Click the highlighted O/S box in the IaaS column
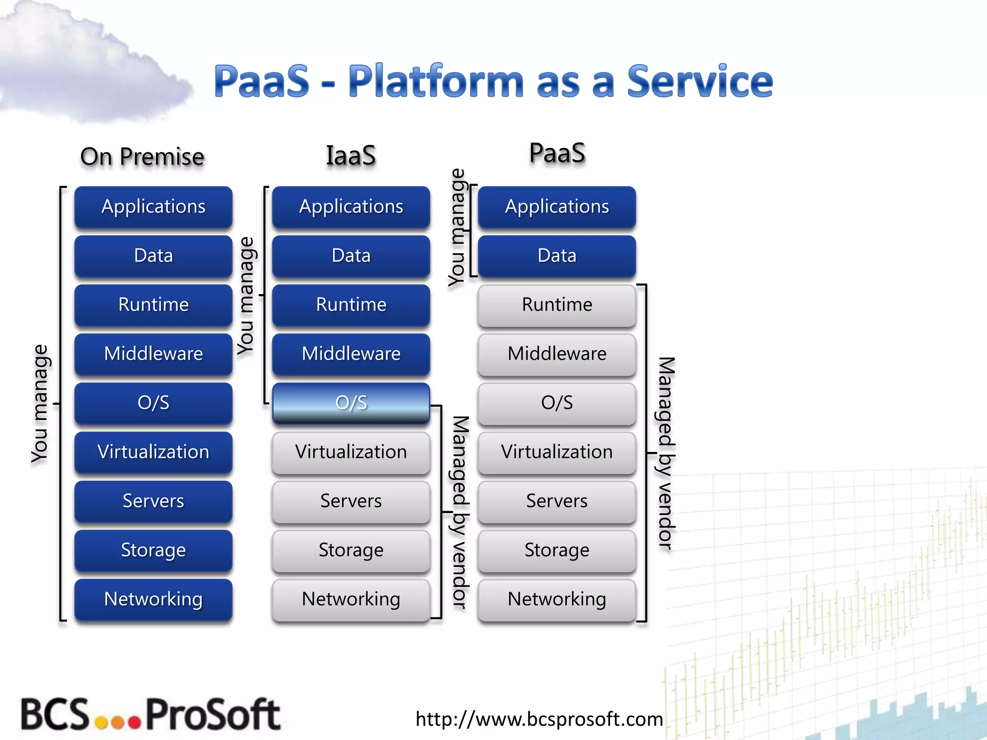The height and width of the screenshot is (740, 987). click(351, 403)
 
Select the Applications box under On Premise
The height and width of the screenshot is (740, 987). click(153, 207)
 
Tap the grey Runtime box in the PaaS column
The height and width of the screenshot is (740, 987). click(557, 305)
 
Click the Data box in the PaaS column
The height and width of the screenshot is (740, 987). click(557, 256)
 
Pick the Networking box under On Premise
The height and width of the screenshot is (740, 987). click(153, 599)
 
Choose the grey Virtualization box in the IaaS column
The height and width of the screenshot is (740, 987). click(351, 452)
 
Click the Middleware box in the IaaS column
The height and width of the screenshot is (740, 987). click(351, 354)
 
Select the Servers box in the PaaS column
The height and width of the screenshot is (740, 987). click(557, 501)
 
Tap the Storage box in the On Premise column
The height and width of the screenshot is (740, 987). click(153, 550)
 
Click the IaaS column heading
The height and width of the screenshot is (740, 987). click(351, 156)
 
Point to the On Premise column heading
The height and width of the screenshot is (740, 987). click(142, 157)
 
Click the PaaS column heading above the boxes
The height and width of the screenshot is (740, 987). click(557, 153)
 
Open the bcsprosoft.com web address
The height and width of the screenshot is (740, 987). click(539, 719)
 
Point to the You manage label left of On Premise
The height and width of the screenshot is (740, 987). click(40, 404)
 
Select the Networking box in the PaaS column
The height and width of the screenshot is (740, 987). click(557, 599)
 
